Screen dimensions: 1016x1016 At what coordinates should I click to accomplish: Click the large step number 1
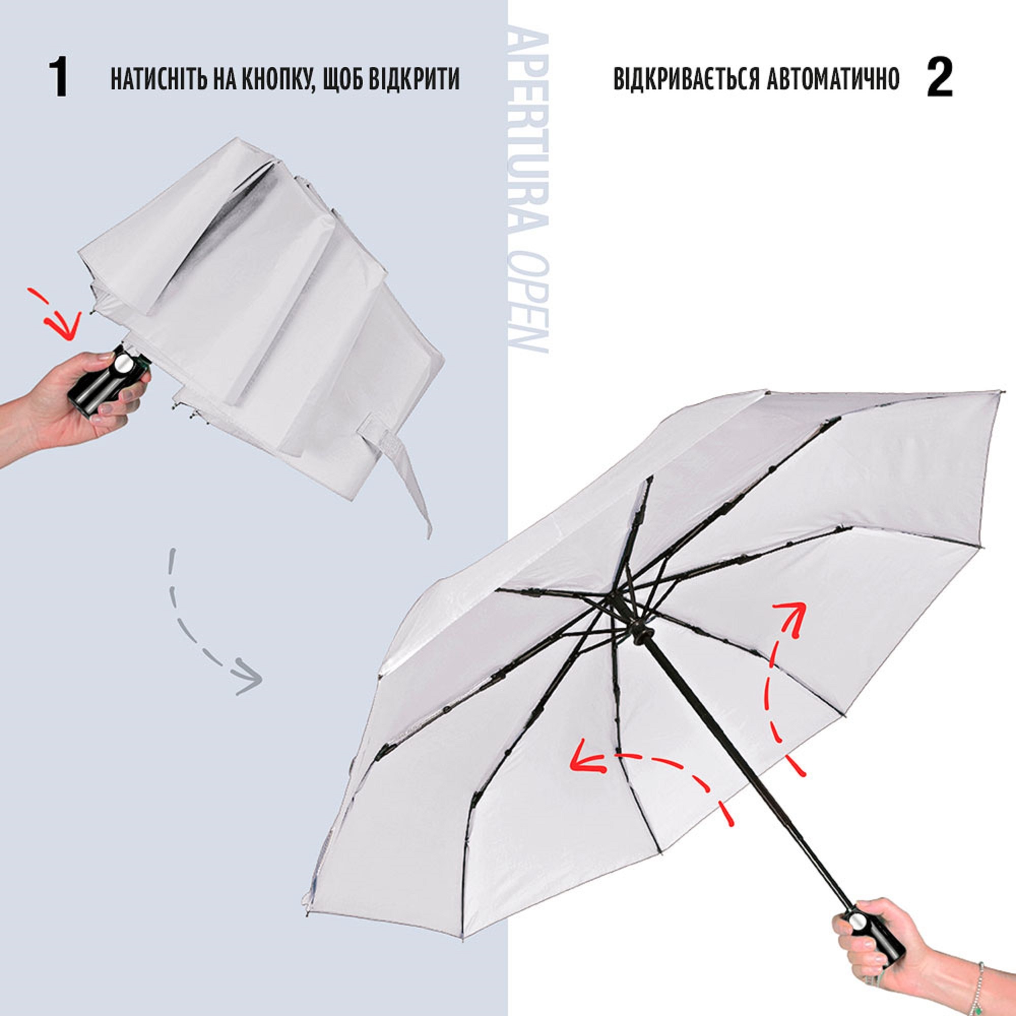(x=59, y=77)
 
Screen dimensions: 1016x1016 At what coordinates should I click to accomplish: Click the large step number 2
(x=939, y=77)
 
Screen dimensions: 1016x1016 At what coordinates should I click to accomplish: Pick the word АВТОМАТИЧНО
(x=833, y=78)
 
